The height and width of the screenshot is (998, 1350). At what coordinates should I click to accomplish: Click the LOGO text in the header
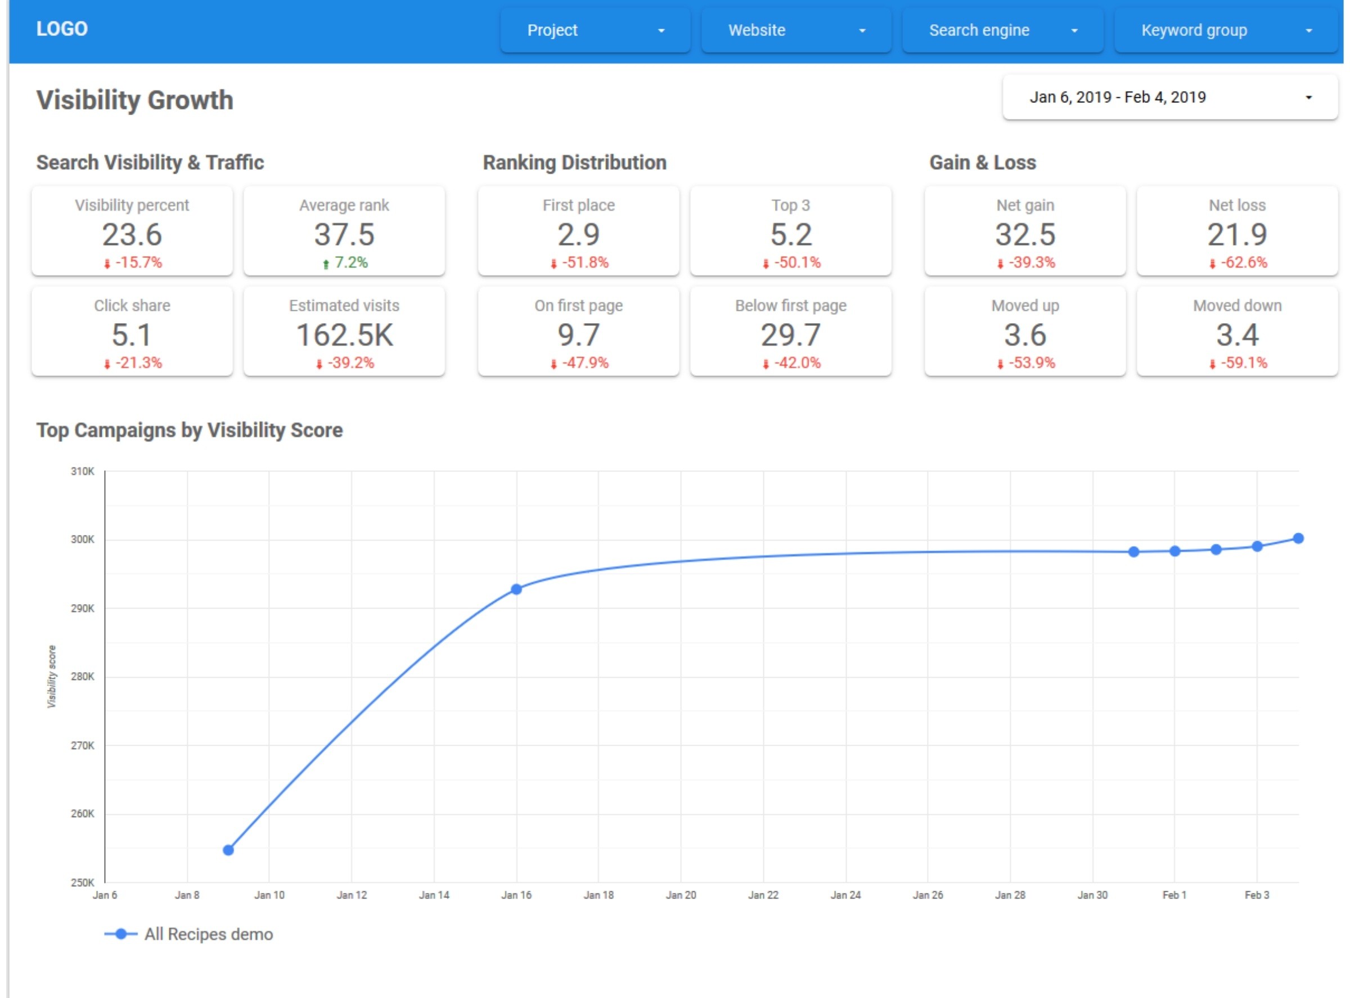[x=62, y=29]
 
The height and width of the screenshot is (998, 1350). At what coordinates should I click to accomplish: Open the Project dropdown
[x=595, y=30]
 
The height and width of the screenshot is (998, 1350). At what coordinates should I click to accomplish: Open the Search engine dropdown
[x=1002, y=30]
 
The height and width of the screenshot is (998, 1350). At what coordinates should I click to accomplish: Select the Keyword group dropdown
[x=1226, y=30]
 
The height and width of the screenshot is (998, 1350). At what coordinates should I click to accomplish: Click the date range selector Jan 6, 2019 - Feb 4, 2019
[x=1170, y=97]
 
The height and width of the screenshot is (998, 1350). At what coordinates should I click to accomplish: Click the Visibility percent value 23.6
[x=132, y=234]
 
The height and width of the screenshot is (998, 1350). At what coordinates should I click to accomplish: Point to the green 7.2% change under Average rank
[x=345, y=263]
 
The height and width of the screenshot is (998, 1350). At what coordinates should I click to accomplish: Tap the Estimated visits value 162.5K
[x=345, y=335]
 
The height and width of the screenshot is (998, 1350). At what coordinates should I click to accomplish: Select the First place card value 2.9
[x=579, y=234]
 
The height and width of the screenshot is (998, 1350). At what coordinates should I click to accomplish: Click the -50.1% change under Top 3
[x=791, y=263]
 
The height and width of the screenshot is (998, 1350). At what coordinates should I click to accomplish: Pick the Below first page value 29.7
[x=791, y=335]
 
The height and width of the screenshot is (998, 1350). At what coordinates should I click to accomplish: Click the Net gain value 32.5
[x=1025, y=234]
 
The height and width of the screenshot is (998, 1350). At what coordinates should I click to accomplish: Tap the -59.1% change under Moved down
[x=1237, y=363]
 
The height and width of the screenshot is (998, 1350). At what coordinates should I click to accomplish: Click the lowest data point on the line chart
[x=228, y=850]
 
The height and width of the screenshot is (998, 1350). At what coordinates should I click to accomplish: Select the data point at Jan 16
[x=516, y=589]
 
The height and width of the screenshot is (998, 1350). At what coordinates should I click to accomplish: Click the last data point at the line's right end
[x=1298, y=538]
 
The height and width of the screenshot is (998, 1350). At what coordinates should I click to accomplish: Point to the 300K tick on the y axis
[x=83, y=539]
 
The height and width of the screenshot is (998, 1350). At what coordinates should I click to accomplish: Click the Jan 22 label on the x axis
[x=763, y=895]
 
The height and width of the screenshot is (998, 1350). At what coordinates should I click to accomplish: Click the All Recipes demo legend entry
[x=188, y=934]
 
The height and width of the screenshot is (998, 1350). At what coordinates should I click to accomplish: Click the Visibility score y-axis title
[x=52, y=677]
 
